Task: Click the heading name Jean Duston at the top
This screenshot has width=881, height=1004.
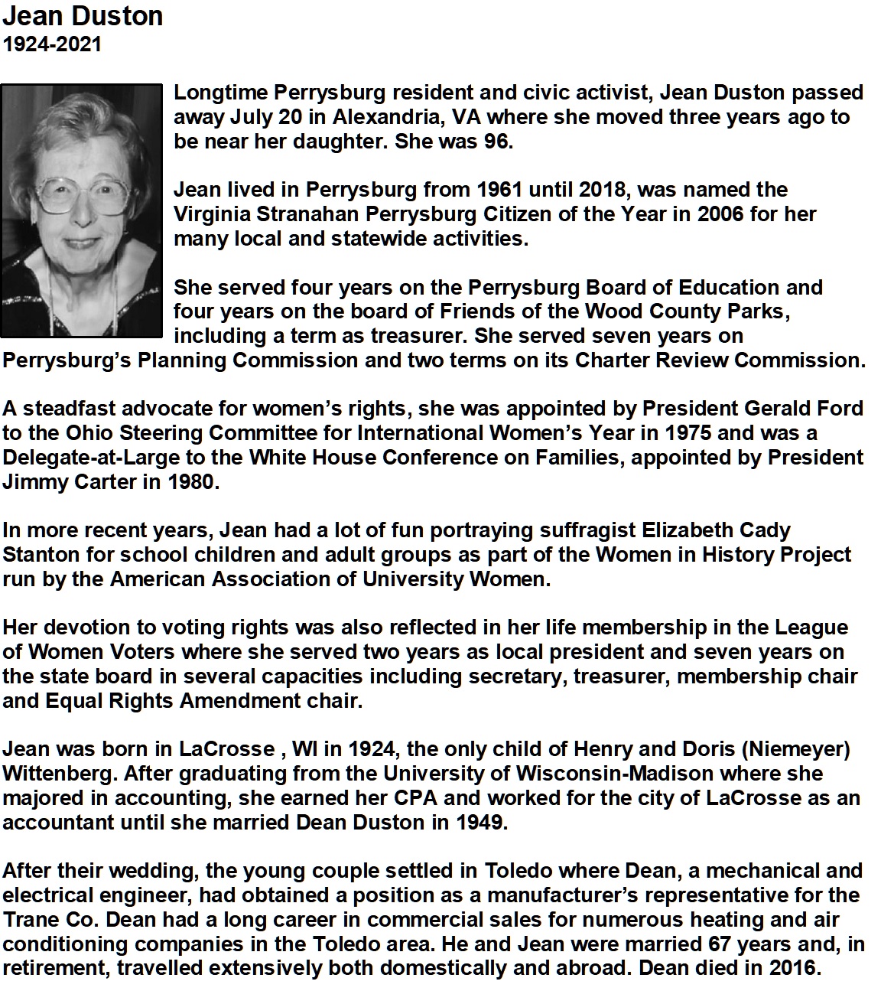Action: (x=83, y=16)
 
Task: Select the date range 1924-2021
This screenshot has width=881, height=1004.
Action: (x=52, y=44)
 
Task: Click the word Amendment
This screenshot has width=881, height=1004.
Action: (x=229, y=701)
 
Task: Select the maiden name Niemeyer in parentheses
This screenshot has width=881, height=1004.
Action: (x=803, y=750)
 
